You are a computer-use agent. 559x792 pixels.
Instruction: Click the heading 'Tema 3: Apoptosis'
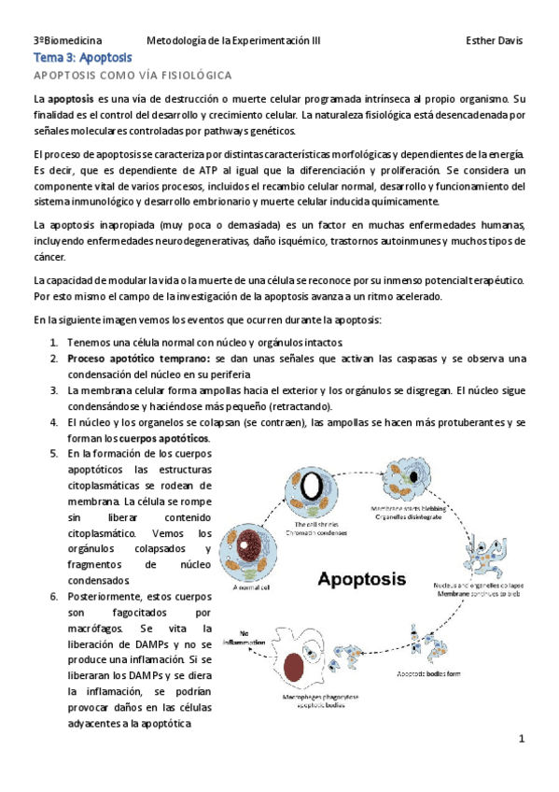click(82, 58)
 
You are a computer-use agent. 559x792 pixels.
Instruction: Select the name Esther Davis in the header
click(494, 41)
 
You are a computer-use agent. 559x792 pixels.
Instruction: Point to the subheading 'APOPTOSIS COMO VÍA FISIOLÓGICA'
click(132, 75)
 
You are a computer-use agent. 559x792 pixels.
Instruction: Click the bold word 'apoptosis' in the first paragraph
click(70, 98)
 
